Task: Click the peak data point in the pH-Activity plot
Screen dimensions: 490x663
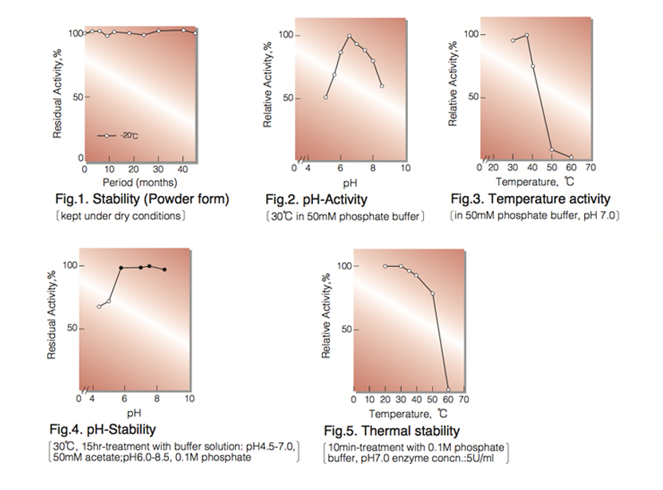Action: point(349,36)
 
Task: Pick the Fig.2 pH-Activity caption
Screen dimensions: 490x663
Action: point(316,199)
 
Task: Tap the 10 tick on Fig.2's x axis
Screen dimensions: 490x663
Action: point(405,168)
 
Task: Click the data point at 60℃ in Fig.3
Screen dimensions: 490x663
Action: point(571,156)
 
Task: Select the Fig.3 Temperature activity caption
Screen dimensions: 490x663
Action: point(531,198)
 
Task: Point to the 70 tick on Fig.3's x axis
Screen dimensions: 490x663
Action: point(590,167)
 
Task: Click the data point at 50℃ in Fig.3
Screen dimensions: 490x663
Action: point(551,150)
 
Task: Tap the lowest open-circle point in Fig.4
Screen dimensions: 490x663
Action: point(99,307)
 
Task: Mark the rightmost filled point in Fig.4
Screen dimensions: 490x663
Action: point(164,269)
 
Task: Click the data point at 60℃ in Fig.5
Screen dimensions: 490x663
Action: point(448,390)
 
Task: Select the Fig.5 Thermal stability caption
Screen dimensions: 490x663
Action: point(392,431)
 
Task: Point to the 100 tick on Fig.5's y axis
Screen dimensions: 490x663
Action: point(344,266)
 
